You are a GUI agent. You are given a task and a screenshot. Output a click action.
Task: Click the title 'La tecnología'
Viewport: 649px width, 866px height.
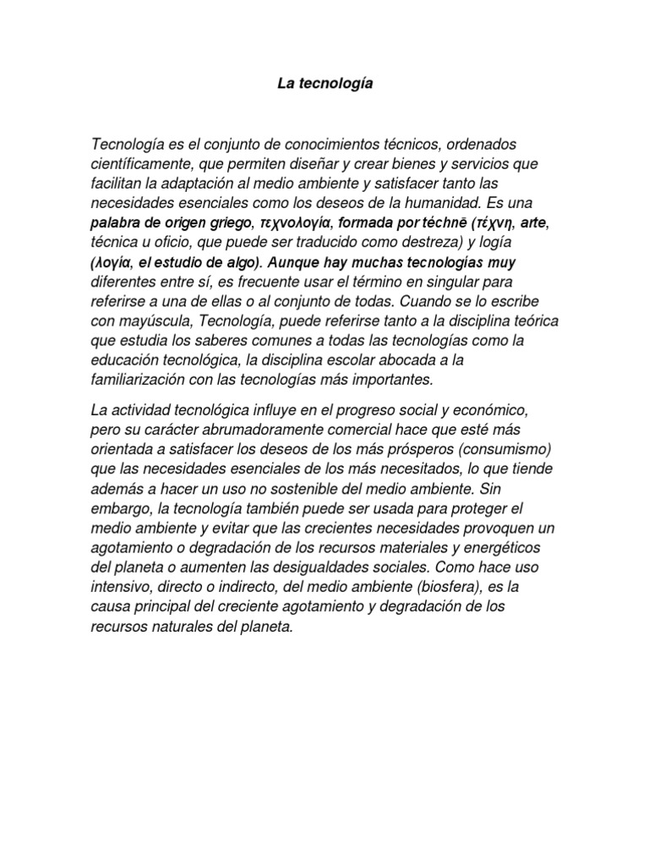324,85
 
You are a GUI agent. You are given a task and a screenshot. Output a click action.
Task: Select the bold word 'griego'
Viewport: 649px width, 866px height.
228,223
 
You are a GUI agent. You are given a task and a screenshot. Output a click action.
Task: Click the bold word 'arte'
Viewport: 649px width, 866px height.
535,223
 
